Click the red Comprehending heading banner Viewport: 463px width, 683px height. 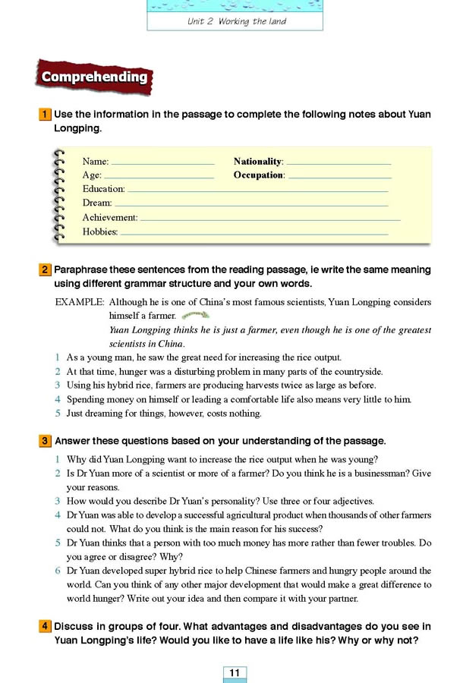(94, 77)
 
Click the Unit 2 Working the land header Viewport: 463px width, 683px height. (236, 21)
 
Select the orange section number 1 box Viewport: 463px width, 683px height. (46, 115)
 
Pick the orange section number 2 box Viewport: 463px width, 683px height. (46, 269)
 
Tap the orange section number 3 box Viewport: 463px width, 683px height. (46, 441)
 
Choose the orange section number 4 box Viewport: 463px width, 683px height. (46, 626)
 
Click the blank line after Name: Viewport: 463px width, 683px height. (162, 162)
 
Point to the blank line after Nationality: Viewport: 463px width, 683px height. (339, 162)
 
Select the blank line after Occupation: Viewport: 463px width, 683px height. (339, 176)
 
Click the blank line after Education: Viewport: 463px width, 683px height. (257, 190)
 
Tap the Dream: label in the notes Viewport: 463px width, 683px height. (97, 203)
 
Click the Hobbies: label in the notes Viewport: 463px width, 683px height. (100, 231)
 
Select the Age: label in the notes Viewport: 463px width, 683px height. (92, 175)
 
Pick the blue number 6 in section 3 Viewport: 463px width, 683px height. (58, 571)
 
